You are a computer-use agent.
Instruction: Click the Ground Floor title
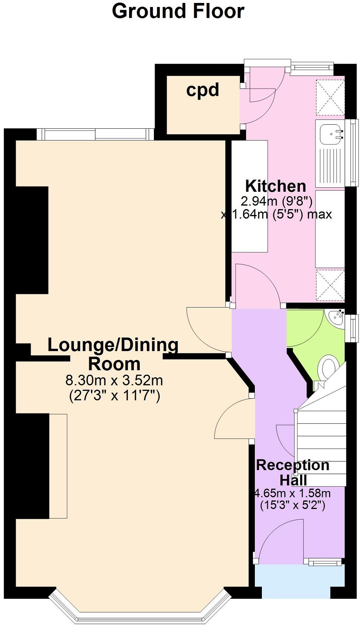(x=178, y=11)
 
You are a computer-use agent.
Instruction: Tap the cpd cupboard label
(x=202, y=90)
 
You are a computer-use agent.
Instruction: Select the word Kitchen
(x=276, y=186)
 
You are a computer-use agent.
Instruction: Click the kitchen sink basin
(x=330, y=134)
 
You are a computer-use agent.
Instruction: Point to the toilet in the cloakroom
(x=328, y=367)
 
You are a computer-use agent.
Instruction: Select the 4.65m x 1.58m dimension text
(x=292, y=493)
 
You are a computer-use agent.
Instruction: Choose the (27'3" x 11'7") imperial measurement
(x=114, y=396)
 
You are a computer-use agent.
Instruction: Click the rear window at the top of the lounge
(x=95, y=134)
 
